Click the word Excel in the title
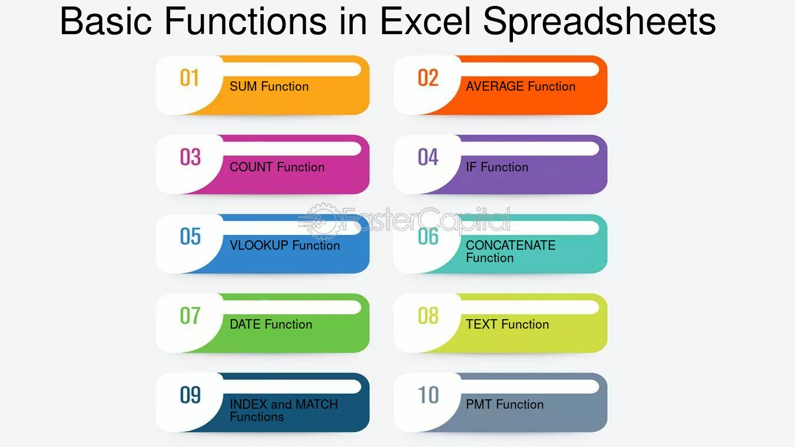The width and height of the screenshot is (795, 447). point(425,21)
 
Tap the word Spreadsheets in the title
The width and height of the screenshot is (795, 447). point(599,24)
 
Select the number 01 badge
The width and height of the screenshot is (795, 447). point(189,78)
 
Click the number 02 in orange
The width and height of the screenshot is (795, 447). point(428,78)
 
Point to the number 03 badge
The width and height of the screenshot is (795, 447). point(190,157)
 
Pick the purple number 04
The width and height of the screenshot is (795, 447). point(428,157)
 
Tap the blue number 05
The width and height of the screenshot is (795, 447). point(190,237)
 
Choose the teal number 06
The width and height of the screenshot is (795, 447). point(428,237)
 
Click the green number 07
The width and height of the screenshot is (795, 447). point(190,316)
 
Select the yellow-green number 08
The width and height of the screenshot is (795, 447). point(428,316)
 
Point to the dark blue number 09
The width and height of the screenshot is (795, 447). point(190,395)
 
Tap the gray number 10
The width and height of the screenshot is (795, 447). point(428,395)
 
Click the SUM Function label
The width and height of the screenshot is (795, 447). point(269,86)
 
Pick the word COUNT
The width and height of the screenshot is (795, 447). point(251,167)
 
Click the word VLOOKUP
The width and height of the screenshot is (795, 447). point(259,246)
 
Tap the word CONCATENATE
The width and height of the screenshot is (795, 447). point(511,246)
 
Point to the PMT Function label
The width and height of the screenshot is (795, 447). point(505,405)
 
